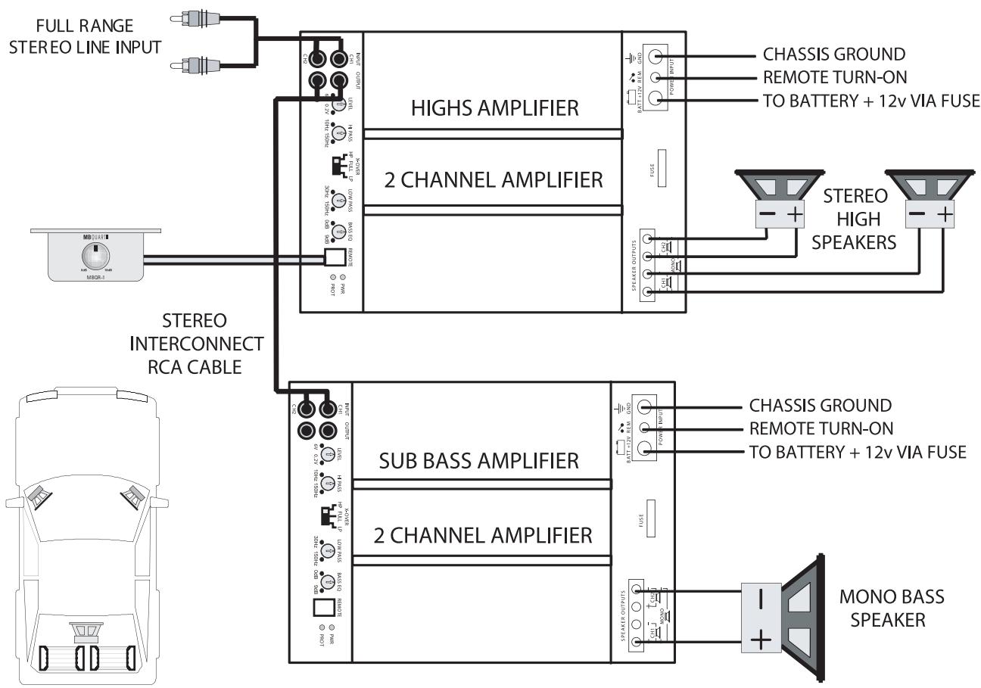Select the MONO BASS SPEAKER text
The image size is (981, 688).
[892, 608]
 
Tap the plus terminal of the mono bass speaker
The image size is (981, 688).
[761, 641]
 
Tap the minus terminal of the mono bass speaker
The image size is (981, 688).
[761, 597]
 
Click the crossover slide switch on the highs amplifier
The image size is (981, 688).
[335, 164]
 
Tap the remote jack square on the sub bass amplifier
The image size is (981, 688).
[323, 607]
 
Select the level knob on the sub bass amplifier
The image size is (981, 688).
[328, 454]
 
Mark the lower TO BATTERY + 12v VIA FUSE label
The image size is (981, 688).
[858, 452]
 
